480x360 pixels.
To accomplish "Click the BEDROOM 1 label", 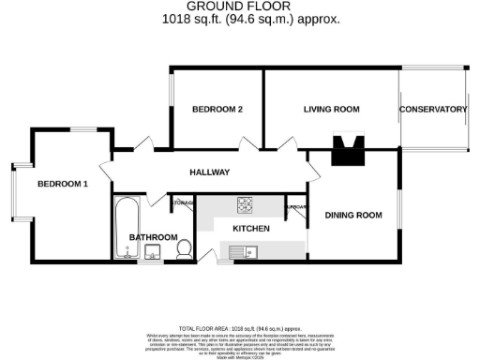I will point(63,184).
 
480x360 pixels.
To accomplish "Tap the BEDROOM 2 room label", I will point(217,110).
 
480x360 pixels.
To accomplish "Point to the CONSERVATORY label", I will point(433,110).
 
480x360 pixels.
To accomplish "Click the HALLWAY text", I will point(210,172).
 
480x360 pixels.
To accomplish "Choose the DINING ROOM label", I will point(353,216).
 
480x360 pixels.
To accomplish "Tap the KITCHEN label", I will point(251,229).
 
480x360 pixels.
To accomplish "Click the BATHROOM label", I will point(153,237).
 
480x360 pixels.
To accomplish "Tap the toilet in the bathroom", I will point(185,248).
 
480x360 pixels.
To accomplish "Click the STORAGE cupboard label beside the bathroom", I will point(183,202).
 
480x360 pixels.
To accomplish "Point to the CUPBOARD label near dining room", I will point(296,206).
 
